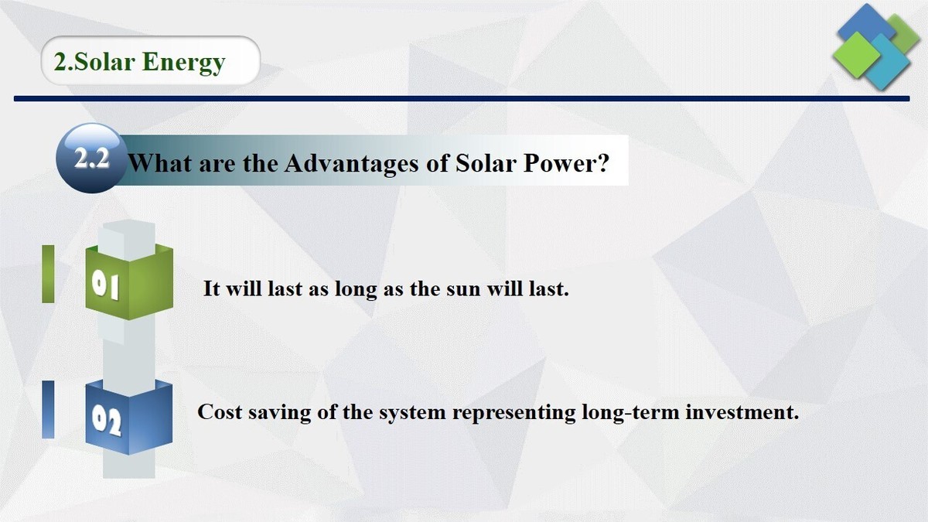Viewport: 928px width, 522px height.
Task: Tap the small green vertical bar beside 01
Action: tap(48, 274)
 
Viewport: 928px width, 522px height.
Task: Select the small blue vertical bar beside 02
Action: tap(48, 409)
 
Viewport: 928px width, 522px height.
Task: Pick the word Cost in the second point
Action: tap(220, 412)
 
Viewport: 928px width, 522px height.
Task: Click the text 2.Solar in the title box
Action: tap(94, 62)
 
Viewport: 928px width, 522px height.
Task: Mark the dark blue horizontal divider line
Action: tap(464, 99)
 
